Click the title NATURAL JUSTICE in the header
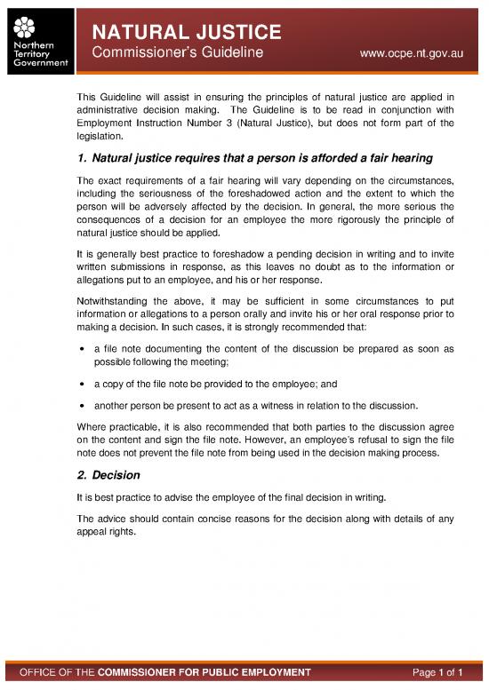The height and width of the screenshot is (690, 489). point(188,33)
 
